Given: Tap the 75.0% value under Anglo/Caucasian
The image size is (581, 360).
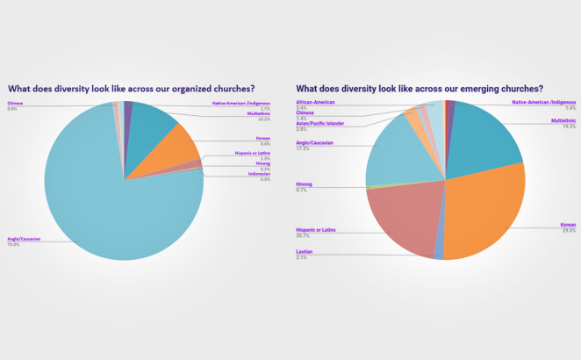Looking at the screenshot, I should coord(13,245).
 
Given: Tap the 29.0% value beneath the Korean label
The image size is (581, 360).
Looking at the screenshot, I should coord(569,231).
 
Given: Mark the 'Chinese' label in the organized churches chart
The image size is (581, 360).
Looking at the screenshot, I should coord(16,104).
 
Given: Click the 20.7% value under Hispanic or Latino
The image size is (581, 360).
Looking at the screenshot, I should coord(303,235).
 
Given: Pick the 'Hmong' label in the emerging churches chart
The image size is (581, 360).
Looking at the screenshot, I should coord(305,184).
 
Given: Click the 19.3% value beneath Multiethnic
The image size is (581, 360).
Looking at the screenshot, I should coord(569,126).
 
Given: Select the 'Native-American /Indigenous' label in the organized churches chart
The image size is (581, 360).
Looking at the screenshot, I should coord(241,103).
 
